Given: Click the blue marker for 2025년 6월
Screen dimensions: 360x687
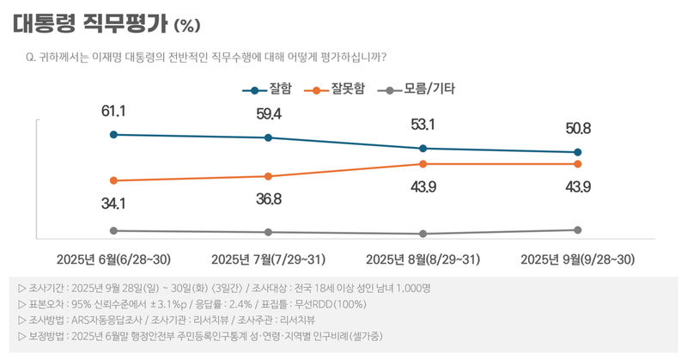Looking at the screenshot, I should click(113, 134).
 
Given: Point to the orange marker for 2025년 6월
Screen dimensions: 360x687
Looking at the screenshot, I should click(113, 180).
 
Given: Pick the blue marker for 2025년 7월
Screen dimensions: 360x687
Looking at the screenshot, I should click(269, 137).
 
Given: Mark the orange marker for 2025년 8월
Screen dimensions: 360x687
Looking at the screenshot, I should click(423, 163).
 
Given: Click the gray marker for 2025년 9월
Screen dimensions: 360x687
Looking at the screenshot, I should click(578, 229).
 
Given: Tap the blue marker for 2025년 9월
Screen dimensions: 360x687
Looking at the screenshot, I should click(578, 152).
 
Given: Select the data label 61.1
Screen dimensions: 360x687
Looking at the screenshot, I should click(113, 111).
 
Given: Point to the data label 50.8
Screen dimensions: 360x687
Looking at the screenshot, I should click(578, 129).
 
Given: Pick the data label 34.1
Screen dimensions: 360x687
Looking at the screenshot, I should click(113, 204).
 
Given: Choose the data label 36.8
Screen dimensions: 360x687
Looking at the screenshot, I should click(269, 198).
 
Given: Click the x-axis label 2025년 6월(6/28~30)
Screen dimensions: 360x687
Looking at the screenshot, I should click(113, 259).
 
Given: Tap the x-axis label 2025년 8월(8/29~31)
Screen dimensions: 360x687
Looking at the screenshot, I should click(423, 259).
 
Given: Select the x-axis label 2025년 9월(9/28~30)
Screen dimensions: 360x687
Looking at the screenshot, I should click(578, 259).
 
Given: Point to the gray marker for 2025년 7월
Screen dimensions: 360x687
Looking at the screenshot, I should click(269, 232).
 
